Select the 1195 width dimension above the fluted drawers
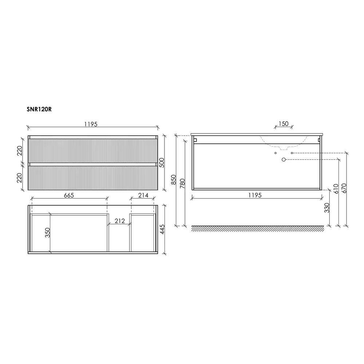(91, 124)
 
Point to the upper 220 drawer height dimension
(20, 150)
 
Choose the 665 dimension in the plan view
(69, 195)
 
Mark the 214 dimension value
(143, 195)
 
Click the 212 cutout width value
(119, 221)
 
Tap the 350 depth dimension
(47, 233)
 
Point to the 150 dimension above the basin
(283, 124)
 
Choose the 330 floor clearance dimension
(327, 208)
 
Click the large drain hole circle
(284, 159)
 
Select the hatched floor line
(257, 228)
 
